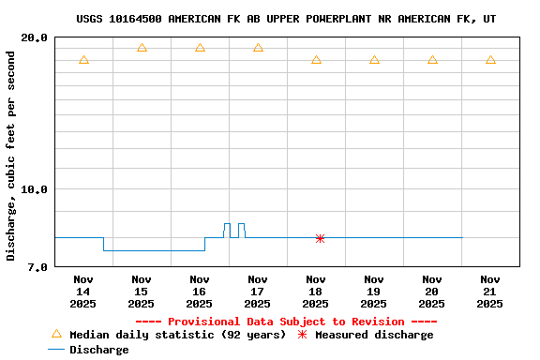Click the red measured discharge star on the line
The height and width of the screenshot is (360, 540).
coord(320,238)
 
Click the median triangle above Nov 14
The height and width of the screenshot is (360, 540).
coord(83,60)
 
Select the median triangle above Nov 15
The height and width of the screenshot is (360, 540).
coord(142,48)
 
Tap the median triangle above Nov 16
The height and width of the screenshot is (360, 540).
coord(200,48)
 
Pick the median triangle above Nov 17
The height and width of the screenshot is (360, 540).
coord(258,48)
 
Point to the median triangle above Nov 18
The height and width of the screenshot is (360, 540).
coord(316,60)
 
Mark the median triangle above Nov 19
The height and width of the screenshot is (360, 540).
coord(374,60)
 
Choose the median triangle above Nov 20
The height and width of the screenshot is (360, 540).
coord(432,60)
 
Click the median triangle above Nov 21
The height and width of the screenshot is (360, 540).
coord(490,60)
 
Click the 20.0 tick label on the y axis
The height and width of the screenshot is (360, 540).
coord(35,38)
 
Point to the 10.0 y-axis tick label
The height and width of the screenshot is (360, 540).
coord(35,189)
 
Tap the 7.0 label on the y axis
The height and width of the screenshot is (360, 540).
coord(38,267)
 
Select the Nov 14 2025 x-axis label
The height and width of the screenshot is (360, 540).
coord(83,291)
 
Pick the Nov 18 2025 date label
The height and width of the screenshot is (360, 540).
coord(316,291)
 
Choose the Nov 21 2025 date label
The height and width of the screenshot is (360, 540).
coord(490,291)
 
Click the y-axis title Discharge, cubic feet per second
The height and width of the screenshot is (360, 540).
coord(11,156)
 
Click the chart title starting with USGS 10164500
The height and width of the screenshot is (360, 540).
coord(286,19)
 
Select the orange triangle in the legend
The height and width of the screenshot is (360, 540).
coord(56,334)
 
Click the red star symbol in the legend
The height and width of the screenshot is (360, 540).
coord(302,335)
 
